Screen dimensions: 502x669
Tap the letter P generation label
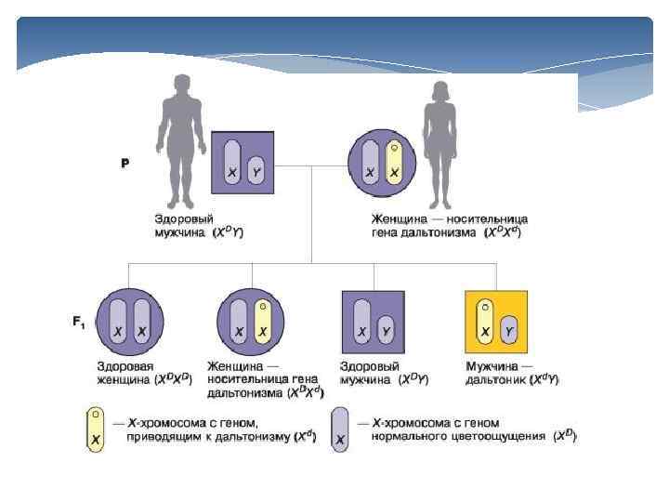pos(125,164)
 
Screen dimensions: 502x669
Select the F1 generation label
pos(80,322)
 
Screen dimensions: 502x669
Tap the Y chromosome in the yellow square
pos(508,330)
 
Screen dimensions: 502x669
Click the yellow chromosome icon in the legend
pos(95,429)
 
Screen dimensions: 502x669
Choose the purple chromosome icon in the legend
pos(342,429)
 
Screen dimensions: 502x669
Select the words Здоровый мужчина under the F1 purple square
pos(371,373)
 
